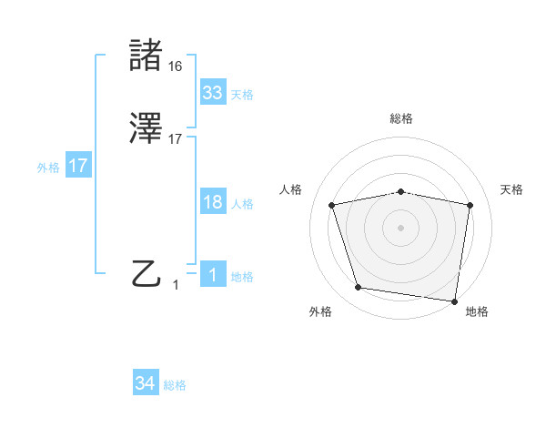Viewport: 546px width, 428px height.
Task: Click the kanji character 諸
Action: (x=147, y=56)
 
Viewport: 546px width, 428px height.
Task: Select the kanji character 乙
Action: (x=147, y=273)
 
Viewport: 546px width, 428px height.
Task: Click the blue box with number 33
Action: (x=212, y=93)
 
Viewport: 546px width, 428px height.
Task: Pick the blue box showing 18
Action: (x=212, y=202)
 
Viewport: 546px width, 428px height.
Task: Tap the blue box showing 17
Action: (x=77, y=166)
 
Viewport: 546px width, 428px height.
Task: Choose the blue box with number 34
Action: (x=145, y=384)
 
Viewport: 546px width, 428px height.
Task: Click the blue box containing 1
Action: (x=212, y=275)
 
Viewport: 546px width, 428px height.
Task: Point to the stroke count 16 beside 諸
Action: (x=176, y=66)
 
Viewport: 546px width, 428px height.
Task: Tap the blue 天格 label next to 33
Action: (x=242, y=95)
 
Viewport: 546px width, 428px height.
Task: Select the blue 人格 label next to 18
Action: (x=242, y=204)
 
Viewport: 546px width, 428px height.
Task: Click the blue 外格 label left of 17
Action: (x=48, y=168)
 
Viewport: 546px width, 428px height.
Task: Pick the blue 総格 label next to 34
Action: (x=175, y=386)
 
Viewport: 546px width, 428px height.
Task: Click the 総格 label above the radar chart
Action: (x=401, y=118)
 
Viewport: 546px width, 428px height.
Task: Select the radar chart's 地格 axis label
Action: (x=477, y=312)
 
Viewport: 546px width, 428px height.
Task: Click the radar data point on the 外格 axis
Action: (x=358, y=288)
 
